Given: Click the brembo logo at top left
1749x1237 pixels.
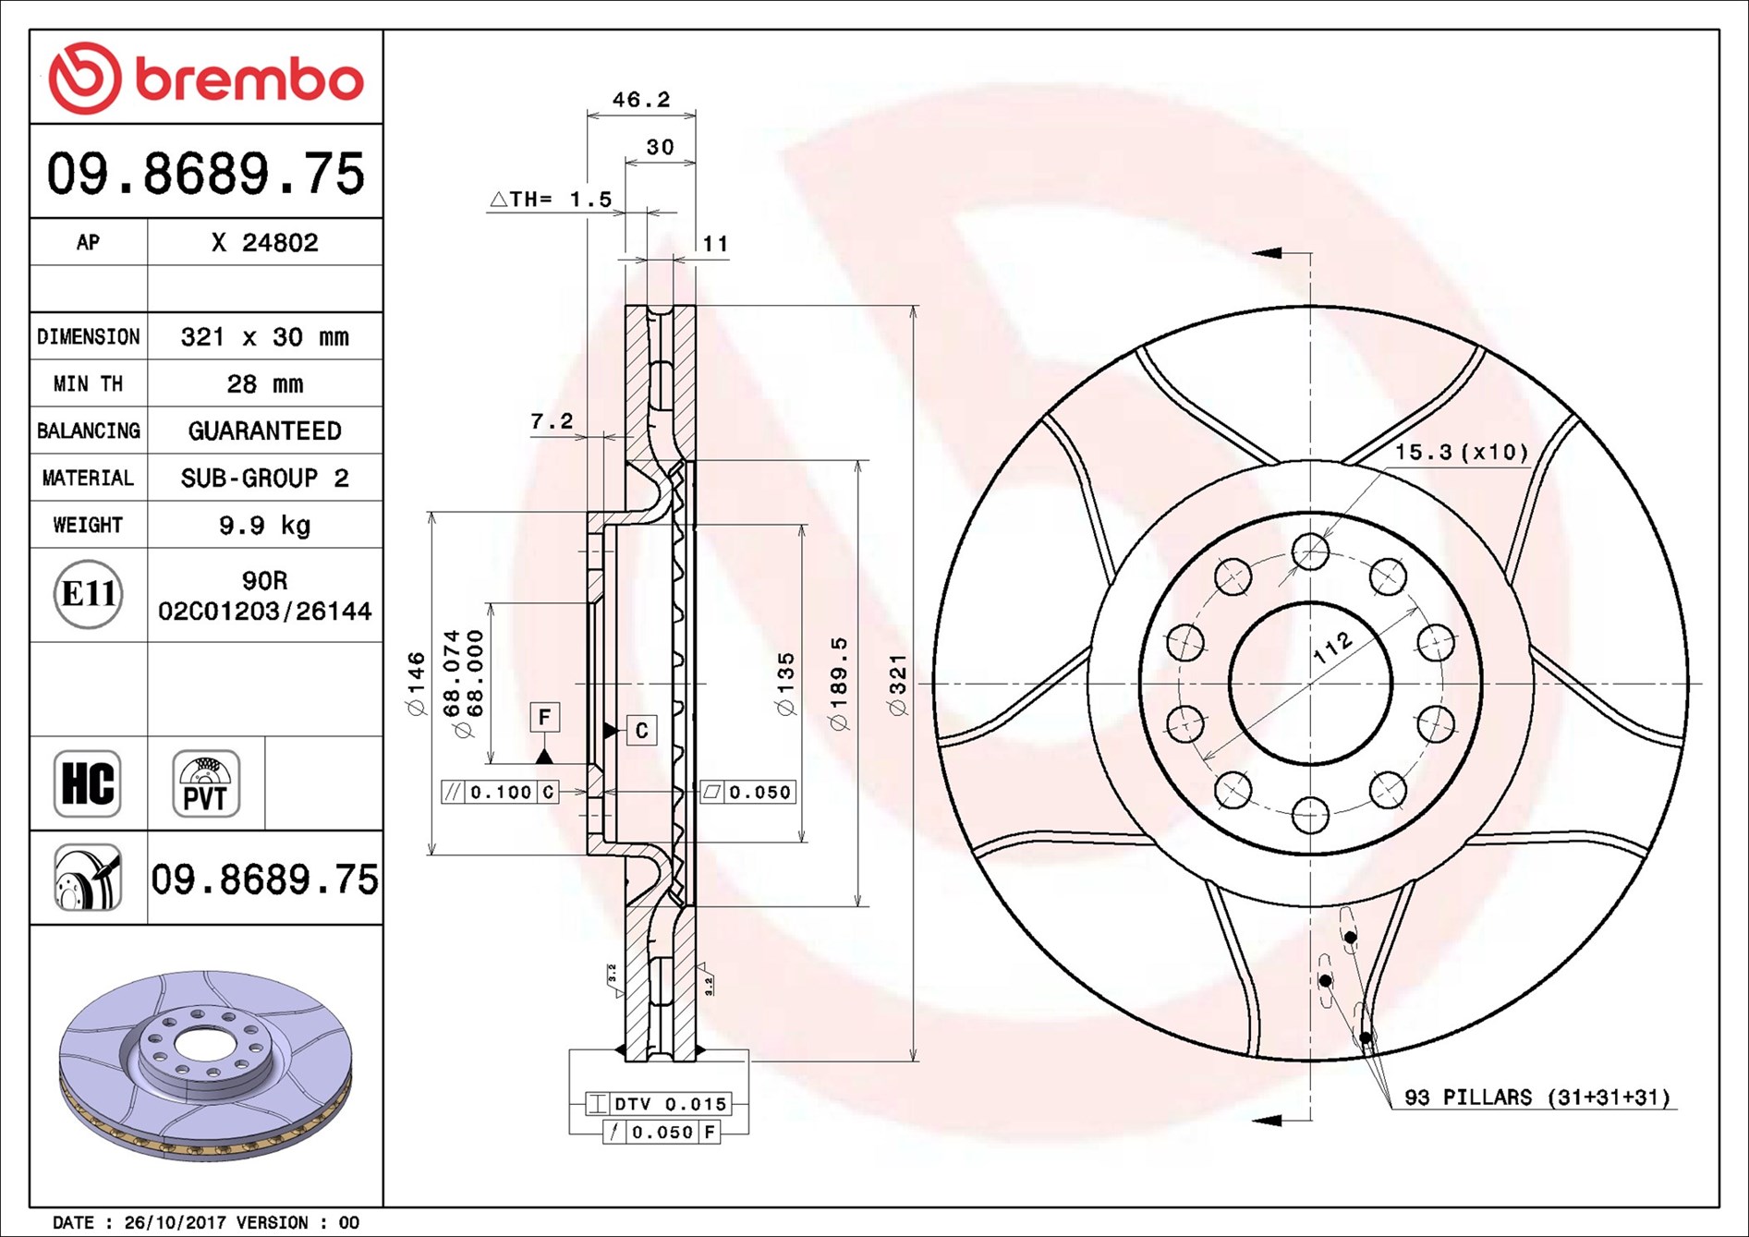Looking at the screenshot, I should [x=205, y=78].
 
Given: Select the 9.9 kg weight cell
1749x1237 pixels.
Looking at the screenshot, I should [x=264, y=526].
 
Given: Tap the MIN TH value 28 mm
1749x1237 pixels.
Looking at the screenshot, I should [x=264, y=384].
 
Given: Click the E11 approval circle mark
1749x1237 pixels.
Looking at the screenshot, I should [x=88, y=594].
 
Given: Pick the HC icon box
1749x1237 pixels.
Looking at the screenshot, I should [x=88, y=783].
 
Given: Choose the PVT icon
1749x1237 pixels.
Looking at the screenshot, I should [x=205, y=783].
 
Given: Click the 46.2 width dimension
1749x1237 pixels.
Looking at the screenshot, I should [x=640, y=100].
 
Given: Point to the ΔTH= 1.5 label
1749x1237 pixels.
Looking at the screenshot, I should [x=551, y=200].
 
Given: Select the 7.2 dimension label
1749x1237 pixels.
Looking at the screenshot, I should [x=552, y=422].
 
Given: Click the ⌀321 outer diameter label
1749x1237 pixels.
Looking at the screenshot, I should [x=897, y=684].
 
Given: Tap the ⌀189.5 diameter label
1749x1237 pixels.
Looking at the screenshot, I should [x=838, y=684].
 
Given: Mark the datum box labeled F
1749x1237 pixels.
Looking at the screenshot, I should [x=544, y=717].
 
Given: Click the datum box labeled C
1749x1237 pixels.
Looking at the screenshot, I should [x=641, y=731].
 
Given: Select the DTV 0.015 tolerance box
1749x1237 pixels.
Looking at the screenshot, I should [x=659, y=1103].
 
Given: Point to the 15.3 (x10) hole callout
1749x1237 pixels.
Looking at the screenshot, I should [x=1461, y=453].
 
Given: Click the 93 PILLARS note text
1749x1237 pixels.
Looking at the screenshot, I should [x=1536, y=1098].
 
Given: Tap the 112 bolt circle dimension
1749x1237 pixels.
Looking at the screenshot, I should [x=1332, y=648].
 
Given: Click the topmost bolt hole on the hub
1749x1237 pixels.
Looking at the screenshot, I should [x=1310, y=552].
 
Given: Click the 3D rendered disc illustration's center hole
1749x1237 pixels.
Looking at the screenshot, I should [x=197, y=1045].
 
